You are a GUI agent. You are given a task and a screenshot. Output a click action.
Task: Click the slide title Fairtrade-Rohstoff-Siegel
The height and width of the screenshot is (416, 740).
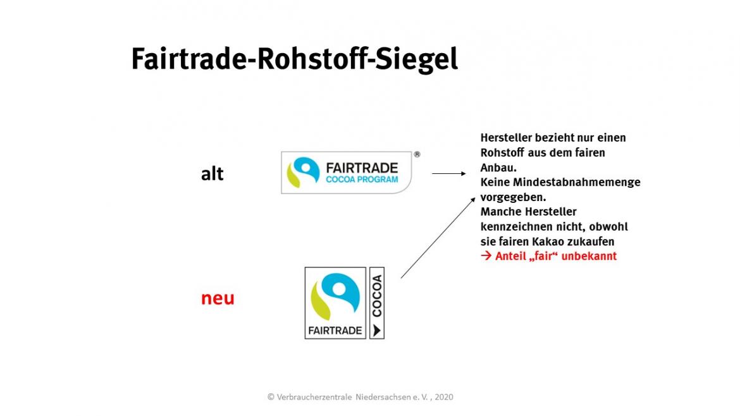tap(295, 60)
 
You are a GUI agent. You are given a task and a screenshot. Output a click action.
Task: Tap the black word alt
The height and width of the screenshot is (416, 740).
tap(213, 174)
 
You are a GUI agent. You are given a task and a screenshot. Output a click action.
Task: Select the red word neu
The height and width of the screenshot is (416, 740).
tap(218, 298)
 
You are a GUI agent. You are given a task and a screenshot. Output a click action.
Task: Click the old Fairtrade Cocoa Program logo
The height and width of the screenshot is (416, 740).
tap(347, 173)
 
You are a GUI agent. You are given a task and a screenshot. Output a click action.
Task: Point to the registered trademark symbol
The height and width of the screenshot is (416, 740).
tap(417, 154)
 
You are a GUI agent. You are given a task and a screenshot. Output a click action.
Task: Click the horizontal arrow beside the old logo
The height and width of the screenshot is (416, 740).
tap(449, 174)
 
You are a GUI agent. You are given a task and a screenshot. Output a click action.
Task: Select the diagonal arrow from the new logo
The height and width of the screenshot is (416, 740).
tap(438, 238)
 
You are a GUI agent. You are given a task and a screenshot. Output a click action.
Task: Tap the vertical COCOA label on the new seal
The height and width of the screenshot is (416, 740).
tap(376, 297)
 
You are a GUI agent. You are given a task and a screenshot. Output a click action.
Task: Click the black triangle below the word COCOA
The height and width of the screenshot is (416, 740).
tap(376, 330)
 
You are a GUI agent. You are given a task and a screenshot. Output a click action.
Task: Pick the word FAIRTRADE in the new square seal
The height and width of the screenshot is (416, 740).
tap(335, 331)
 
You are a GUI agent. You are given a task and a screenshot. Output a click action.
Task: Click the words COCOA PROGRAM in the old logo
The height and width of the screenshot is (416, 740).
tap(362, 179)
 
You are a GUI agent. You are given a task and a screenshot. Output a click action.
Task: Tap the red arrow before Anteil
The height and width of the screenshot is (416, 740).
tap(486, 256)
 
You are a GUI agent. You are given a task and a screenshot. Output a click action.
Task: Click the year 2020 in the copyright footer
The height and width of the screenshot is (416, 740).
tap(444, 397)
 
